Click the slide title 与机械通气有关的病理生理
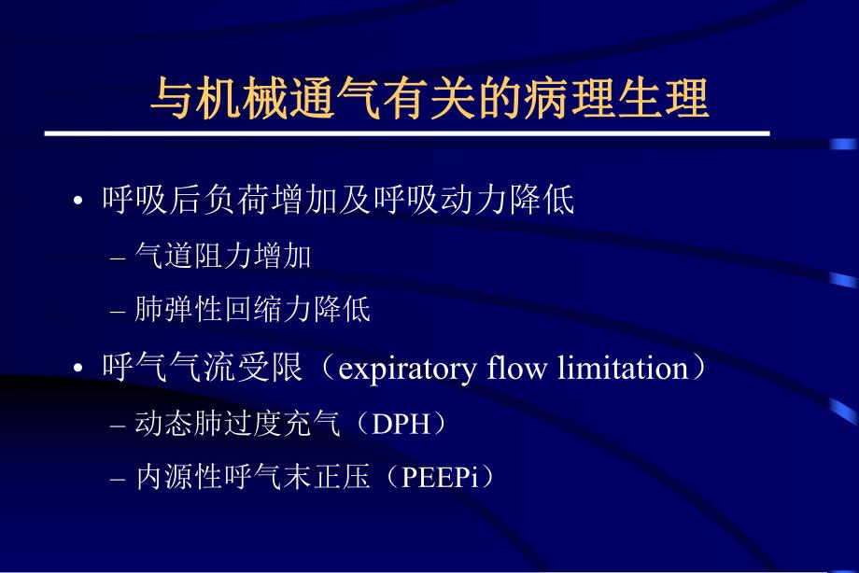[429, 98]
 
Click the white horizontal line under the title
[407, 133]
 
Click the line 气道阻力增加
[223, 256]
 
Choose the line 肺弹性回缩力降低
[253, 310]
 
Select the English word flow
[518, 368]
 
